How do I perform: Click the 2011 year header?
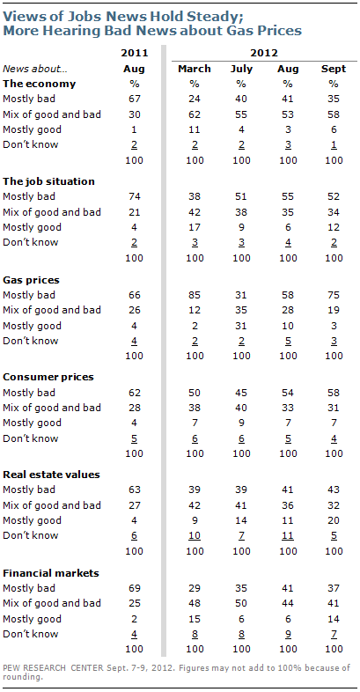pyautogui.click(x=135, y=54)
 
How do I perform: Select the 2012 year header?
pyautogui.click(x=264, y=54)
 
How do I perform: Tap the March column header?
pyautogui.click(x=195, y=69)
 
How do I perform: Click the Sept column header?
pyautogui.click(x=333, y=70)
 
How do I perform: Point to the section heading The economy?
pyautogui.click(x=40, y=84)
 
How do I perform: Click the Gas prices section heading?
pyautogui.click(x=32, y=280)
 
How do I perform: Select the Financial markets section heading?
pyautogui.click(x=51, y=573)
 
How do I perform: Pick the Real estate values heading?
pyautogui.click(x=51, y=475)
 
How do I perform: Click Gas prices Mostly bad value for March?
pyautogui.click(x=195, y=295)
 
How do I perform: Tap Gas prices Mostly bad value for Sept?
pyautogui.click(x=334, y=295)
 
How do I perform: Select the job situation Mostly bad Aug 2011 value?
pyautogui.click(x=135, y=197)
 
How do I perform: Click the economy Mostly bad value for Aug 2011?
pyautogui.click(x=135, y=99)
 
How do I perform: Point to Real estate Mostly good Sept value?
pyautogui.click(x=334, y=520)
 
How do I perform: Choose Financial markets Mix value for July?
pyautogui.click(x=241, y=603)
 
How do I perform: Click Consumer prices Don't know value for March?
pyautogui.click(x=195, y=438)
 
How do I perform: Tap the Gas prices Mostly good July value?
pyautogui.click(x=241, y=326)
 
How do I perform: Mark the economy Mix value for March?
pyautogui.click(x=195, y=114)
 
